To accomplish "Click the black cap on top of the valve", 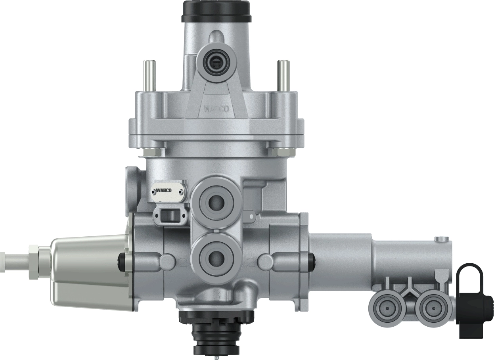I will [215, 11].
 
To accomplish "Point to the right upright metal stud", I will [282, 75].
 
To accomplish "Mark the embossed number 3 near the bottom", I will [216, 295].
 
